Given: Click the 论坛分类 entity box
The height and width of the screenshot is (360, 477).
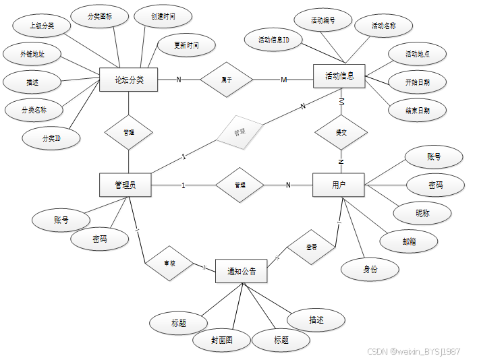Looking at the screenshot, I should click(x=128, y=80).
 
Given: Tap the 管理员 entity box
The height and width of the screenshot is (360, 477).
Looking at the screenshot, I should click(x=125, y=185).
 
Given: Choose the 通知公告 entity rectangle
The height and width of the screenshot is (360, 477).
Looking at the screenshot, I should click(x=241, y=271).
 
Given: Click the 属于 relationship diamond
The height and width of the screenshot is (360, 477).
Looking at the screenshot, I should click(x=227, y=80).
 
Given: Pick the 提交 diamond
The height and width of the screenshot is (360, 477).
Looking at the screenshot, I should click(x=341, y=133).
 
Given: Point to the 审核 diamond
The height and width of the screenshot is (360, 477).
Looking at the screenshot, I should click(x=169, y=263).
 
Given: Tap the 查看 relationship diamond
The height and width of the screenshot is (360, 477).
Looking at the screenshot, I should click(x=312, y=247).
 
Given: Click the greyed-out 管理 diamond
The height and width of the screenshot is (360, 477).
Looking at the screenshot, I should click(x=240, y=133).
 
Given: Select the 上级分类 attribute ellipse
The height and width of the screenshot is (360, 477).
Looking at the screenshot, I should click(x=42, y=26).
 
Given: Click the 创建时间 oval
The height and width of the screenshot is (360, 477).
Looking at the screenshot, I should click(x=163, y=15).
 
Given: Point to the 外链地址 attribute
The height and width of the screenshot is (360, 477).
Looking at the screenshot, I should click(x=33, y=53).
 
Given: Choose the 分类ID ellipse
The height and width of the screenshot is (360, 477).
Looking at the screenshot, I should click(x=51, y=138).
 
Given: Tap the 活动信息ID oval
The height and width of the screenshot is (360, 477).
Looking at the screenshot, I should click(x=275, y=40).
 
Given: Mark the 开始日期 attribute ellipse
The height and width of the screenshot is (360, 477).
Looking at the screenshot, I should click(x=417, y=83).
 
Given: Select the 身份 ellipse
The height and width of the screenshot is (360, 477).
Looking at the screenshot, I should click(x=370, y=269).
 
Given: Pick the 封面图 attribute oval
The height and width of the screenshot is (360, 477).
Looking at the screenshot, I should click(x=221, y=340).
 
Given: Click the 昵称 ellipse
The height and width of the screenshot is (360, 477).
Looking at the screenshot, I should click(x=423, y=213).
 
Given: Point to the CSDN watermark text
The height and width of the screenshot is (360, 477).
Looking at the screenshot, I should click(x=414, y=351).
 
